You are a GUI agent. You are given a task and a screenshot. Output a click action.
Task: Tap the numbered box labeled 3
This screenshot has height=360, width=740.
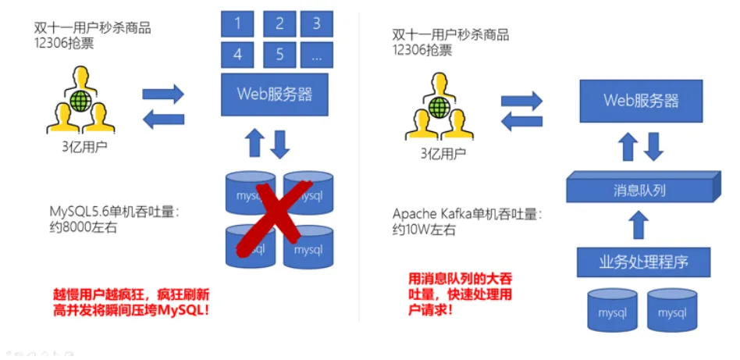pyautogui.click(x=316, y=23)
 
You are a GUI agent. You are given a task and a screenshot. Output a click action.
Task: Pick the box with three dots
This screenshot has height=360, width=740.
pyautogui.click(x=316, y=55)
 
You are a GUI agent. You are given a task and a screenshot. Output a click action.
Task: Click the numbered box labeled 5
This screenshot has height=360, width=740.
pyautogui.click(x=279, y=55)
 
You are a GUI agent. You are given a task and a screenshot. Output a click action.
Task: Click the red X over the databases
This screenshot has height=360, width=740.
pyautogui.click(x=278, y=216)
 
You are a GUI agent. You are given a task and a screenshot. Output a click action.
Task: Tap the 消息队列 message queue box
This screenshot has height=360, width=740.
pyautogui.click(x=640, y=190)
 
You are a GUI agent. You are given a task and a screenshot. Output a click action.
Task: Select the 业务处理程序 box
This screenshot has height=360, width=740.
pyautogui.click(x=643, y=261)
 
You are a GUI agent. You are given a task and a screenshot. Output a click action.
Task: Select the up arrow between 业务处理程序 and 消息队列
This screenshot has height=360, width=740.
pyautogui.click(x=639, y=225)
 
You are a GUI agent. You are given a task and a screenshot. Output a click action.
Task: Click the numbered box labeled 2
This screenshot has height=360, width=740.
pyautogui.click(x=279, y=23)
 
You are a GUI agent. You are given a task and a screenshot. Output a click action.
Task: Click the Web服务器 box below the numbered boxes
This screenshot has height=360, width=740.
pyautogui.click(x=276, y=94)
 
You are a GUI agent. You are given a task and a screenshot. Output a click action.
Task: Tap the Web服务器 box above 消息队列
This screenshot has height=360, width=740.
pyautogui.click(x=641, y=101)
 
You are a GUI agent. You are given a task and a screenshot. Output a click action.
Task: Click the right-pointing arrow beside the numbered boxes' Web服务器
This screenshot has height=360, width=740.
pyautogui.click(x=163, y=94)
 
